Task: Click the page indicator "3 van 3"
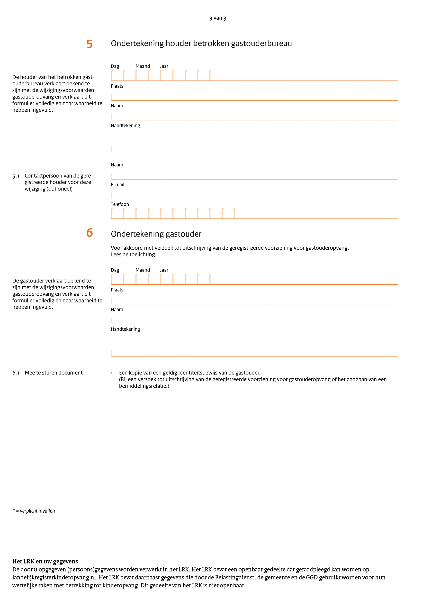point(217,18)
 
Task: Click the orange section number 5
point(90,44)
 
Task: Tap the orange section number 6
point(90,233)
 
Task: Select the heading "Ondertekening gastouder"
point(156,234)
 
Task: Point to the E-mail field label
point(117,185)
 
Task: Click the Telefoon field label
point(120,204)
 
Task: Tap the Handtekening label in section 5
point(125,125)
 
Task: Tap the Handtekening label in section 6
point(125,329)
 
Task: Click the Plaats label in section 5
point(117,86)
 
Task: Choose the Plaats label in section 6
point(117,290)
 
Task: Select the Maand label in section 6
point(143,270)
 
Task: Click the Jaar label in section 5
point(164,66)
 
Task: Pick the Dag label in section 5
point(115,66)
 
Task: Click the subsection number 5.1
point(16,176)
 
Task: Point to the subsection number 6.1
point(16,373)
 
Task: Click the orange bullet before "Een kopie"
point(112,373)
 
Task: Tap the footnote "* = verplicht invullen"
point(34,511)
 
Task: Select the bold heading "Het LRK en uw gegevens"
point(45,561)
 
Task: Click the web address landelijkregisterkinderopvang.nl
point(54,577)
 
